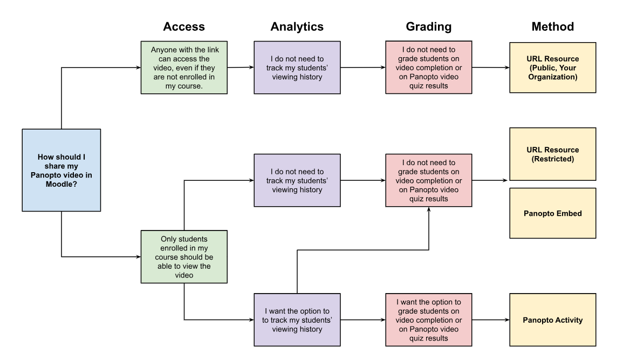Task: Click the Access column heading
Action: pyautogui.click(x=184, y=26)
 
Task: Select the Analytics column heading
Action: pyautogui.click(x=297, y=26)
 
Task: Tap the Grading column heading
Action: pyautogui.click(x=428, y=26)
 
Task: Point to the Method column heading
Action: pyautogui.click(x=552, y=26)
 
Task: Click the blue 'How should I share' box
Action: pyautogui.click(x=61, y=170)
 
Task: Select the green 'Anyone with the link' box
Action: pyautogui.click(x=184, y=67)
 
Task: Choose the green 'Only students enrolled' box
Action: pyautogui.click(x=184, y=256)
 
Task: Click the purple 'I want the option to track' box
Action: pyautogui.click(x=297, y=320)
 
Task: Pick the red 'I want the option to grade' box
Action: pyautogui.click(x=428, y=320)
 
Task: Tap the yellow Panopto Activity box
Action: pyautogui.click(x=552, y=320)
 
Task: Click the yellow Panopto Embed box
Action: pyautogui.click(x=552, y=213)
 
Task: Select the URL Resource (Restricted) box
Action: pyautogui.click(x=552, y=154)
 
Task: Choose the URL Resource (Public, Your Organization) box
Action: pyautogui.click(x=552, y=67)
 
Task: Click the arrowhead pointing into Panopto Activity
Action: pyautogui.click(x=506, y=320)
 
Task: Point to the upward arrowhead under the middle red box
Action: pyautogui.click(x=429, y=210)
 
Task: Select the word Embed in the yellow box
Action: pyautogui.click(x=569, y=213)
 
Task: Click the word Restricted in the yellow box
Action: pyautogui.click(x=553, y=159)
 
